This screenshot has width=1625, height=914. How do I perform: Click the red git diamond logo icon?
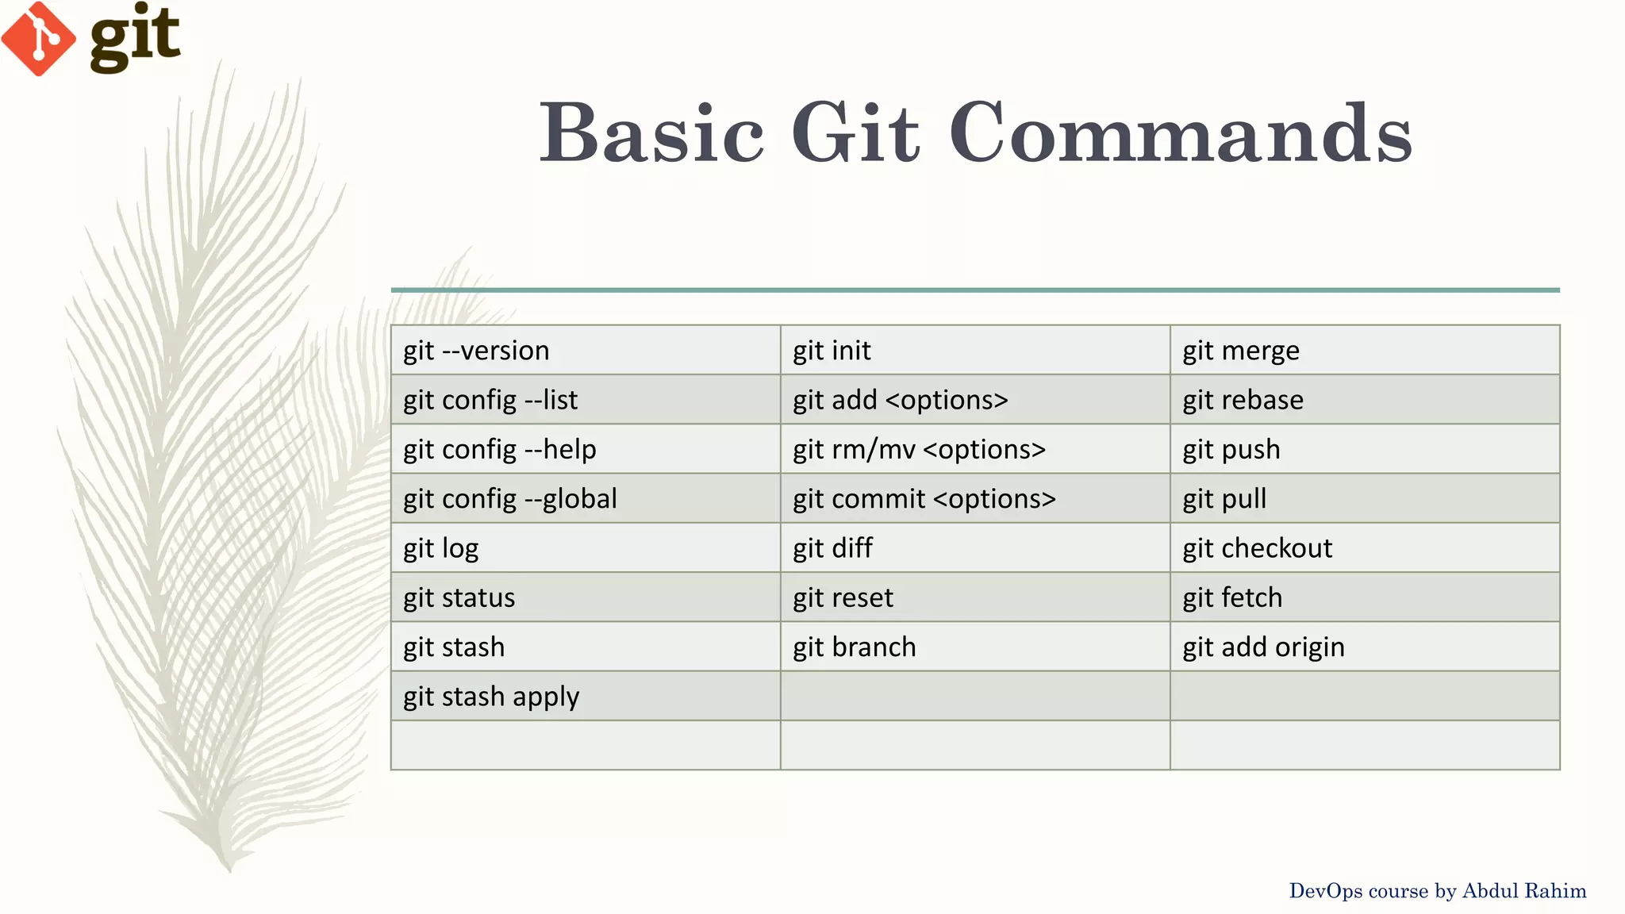(38, 38)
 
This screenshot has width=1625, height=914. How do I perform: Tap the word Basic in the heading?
(651, 133)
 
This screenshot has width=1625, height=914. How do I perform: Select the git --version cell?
(476, 351)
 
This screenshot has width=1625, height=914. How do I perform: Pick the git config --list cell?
(490, 400)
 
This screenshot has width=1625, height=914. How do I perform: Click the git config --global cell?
(510, 499)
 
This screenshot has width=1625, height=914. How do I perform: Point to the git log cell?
(441, 548)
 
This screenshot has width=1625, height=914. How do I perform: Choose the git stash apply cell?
(491, 697)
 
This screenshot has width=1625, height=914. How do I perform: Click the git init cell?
(832, 351)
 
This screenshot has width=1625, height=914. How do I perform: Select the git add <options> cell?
(901, 400)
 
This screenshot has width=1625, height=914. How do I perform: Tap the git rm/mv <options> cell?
(920, 450)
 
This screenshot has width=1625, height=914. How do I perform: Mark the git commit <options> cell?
(924, 499)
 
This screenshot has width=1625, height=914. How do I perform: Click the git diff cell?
(832, 548)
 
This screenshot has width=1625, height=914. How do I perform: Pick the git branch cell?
(855, 647)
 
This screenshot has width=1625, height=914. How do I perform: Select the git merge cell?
(1241, 351)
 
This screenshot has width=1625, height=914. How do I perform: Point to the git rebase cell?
(1243, 400)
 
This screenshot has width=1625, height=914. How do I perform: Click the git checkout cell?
(1258, 548)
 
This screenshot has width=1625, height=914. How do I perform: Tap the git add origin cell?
(1263, 647)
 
